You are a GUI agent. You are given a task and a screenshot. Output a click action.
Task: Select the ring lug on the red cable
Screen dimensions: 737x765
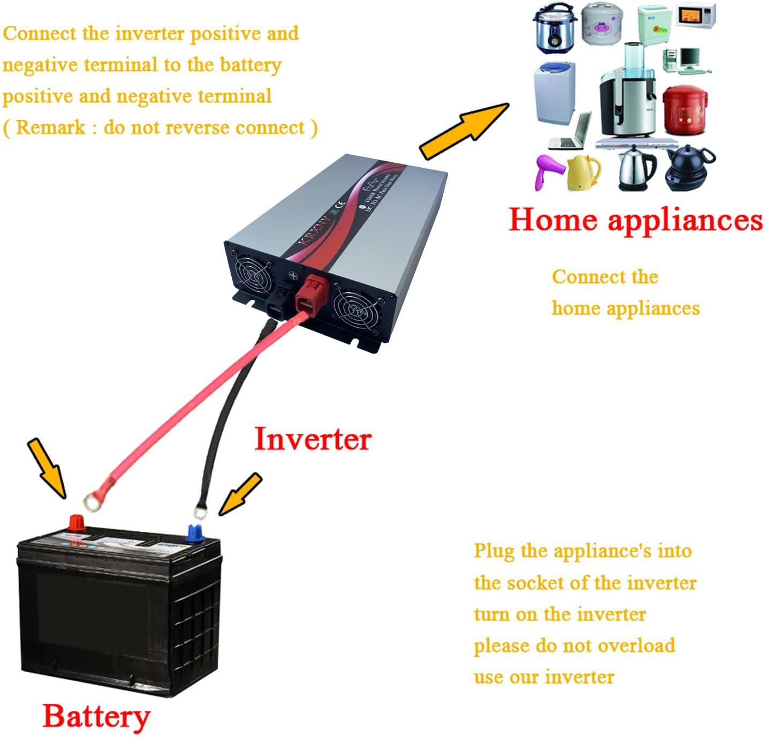click(x=94, y=501)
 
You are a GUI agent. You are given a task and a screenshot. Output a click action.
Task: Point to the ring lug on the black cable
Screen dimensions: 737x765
click(x=199, y=513)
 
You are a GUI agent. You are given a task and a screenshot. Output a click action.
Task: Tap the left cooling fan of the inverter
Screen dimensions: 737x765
click(x=253, y=274)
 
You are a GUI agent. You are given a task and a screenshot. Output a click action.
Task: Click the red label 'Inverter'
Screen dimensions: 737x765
click(x=313, y=439)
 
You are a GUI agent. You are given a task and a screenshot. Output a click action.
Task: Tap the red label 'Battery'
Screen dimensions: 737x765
click(x=96, y=717)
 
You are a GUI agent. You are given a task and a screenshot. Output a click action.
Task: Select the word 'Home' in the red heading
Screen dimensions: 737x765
click(x=552, y=220)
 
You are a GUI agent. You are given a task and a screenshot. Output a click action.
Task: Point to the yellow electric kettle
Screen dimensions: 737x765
click(x=584, y=172)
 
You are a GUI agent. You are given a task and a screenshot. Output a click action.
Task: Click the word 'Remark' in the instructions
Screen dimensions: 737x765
click(x=51, y=127)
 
